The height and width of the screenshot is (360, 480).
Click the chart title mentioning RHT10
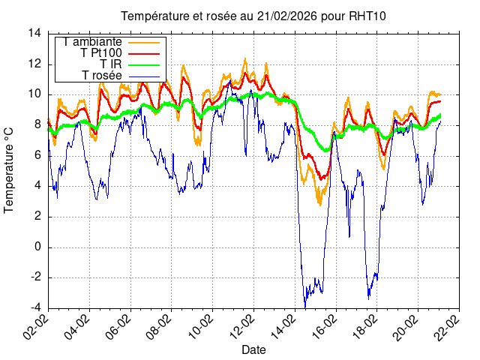coord(253,16)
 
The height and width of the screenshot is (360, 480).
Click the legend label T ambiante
coord(93,42)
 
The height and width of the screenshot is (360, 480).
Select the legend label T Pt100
coord(101,53)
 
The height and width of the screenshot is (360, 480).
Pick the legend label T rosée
coord(102,76)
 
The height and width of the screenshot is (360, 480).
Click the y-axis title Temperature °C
coord(10,169)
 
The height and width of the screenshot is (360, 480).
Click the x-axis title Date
coord(253,349)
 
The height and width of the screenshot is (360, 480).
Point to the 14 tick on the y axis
coord(34,33)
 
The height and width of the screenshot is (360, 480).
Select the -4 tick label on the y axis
coord(34,307)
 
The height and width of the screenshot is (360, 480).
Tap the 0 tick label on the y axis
coord(37,247)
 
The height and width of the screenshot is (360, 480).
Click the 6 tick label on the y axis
coord(37,155)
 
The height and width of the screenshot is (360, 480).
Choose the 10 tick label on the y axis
coord(34,94)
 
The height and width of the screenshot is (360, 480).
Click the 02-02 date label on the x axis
coord(37,326)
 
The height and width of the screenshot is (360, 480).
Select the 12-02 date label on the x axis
coord(241,326)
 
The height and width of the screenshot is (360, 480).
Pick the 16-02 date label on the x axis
coord(322,326)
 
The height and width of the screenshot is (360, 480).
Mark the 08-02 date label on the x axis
coord(159,326)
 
